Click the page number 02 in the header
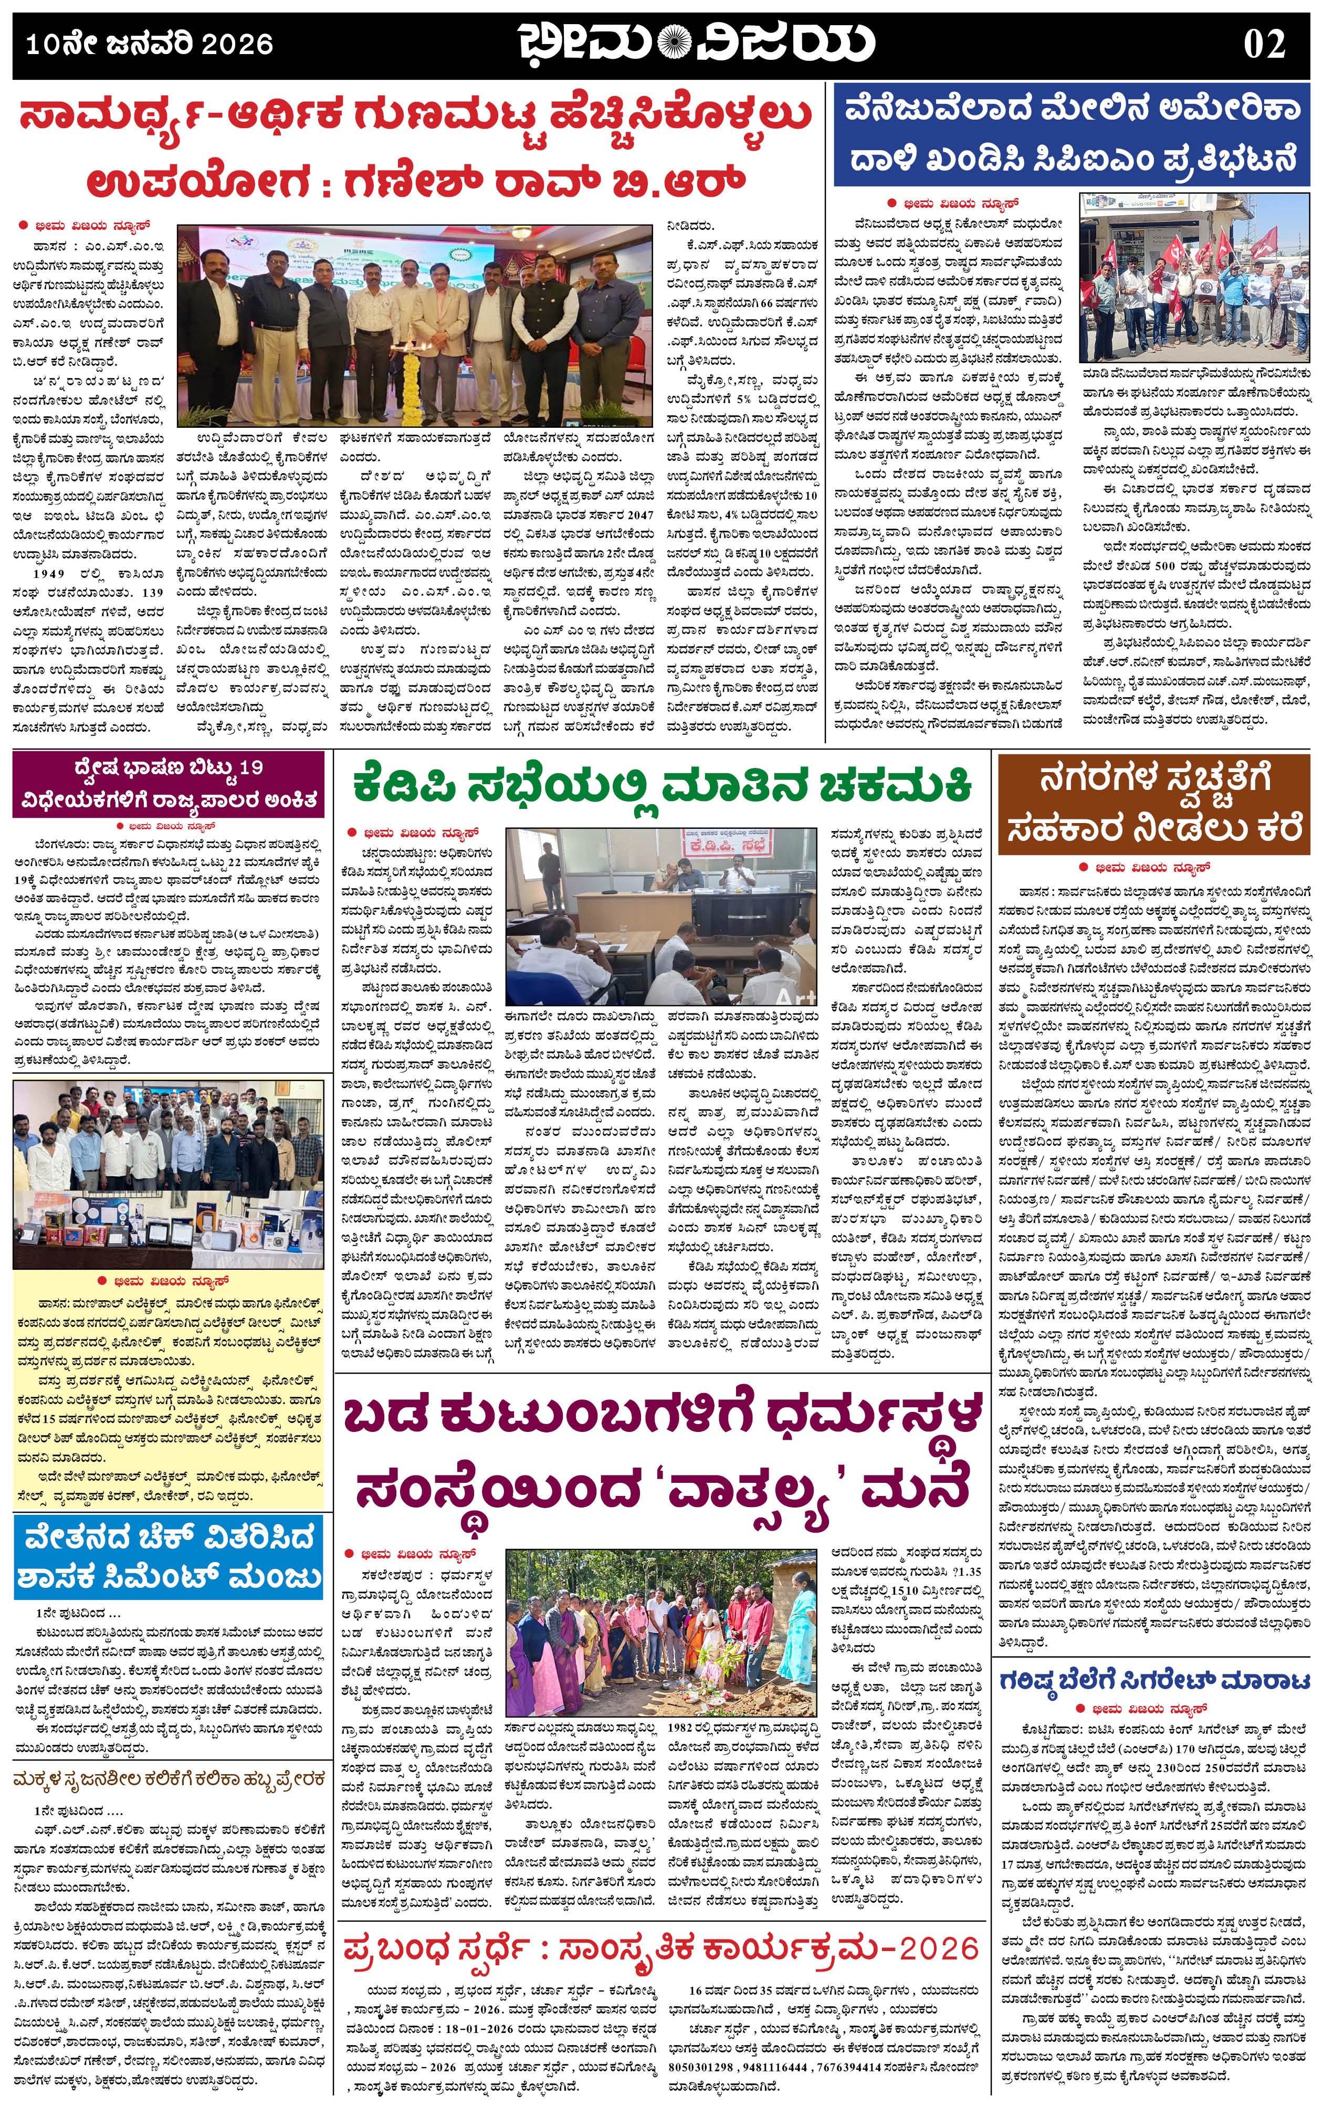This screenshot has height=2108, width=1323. pyautogui.click(x=1264, y=43)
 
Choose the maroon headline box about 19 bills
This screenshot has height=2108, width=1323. pyautogui.click(x=172, y=785)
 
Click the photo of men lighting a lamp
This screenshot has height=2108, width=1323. pyautogui.click(x=415, y=325)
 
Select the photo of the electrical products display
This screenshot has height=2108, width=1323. pyautogui.click(x=172, y=1173)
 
